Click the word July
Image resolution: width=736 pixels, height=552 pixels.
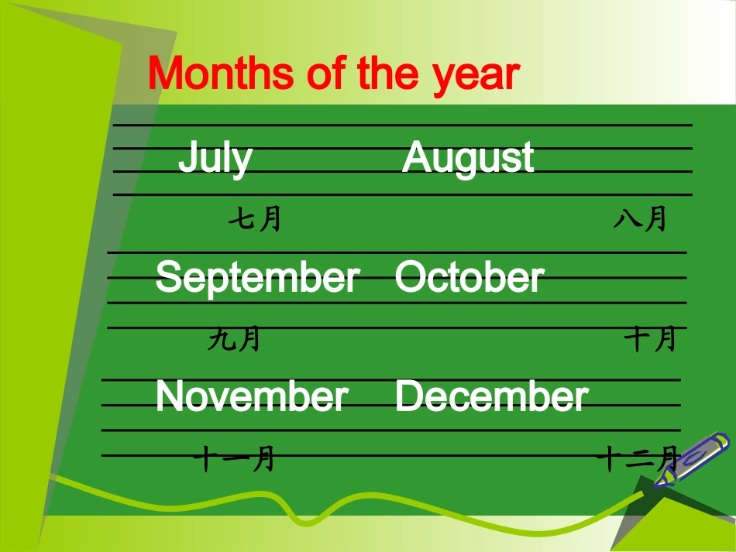click(215, 158)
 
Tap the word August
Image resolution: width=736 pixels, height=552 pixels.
click(468, 158)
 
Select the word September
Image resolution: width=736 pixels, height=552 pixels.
click(257, 277)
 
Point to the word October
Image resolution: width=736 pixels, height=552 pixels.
click(469, 277)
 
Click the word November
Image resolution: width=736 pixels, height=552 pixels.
click(252, 396)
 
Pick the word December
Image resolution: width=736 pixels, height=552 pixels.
click(491, 396)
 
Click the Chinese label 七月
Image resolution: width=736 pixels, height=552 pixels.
click(254, 220)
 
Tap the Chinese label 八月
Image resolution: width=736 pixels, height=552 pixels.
click(640, 220)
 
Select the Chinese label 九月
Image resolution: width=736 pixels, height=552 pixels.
click(234, 339)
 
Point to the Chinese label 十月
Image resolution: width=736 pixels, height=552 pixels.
click(651, 339)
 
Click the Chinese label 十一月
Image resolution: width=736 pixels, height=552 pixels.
click(234, 459)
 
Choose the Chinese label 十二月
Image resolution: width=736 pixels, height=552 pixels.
click(637, 459)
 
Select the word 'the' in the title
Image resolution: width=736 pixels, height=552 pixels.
click(387, 74)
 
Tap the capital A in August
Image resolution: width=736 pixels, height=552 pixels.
click(416, 157)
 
